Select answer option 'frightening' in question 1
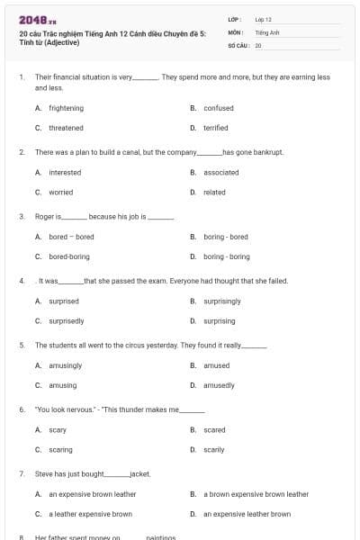click(66, 108)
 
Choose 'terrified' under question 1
click(215, 128)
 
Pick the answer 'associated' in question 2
click(220, 172)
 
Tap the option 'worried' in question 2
click(60, 192)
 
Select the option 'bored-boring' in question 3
click(69, 256)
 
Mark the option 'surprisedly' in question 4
click(66, 320)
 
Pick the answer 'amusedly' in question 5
click(219, 384)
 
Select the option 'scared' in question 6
click(214, 429)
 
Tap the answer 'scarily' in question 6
click(214, 449)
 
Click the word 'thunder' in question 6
click(142, 409)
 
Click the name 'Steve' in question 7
click(44, 473)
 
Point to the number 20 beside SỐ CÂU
click(258, 45)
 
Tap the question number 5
click(21, 345)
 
